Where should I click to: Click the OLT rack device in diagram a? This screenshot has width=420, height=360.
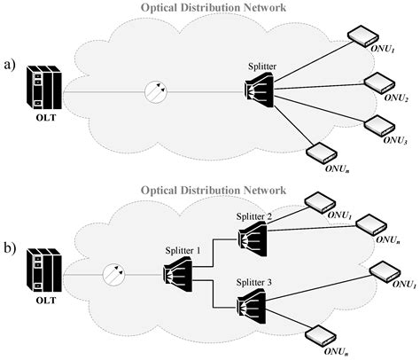pyautogui.click(x=43, y=89)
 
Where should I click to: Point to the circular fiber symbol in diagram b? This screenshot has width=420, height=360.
pyautogui.click(x=117, y=273)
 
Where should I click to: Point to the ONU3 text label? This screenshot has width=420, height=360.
pyautogui.click(x=396, y=138)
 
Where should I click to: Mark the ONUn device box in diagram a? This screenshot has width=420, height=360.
pyautogui.click(x=318, y=152)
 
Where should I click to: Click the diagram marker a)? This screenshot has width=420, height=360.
pyautogui.click(x=11, y=67)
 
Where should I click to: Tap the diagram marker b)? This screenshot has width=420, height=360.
pyautogui.click(x=11, y=250)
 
